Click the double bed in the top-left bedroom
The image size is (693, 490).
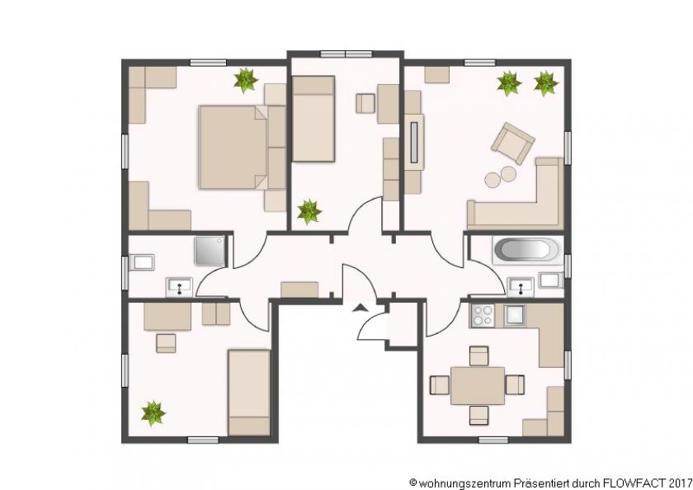pyautogui.click(x=233, y=147)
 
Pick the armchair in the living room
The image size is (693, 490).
pyautogui.click(x=512, y=144)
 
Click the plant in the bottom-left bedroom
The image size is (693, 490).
pyautogui.click(x=153, y=412)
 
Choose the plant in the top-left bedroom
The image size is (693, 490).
pyautogui.click(x=245, y=80)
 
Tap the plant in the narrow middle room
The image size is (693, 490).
pyautogui.click(x=309, y=211)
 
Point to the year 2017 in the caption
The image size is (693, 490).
pyautogui.click(x=681, y=481)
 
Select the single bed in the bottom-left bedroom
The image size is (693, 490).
pyautogui.click(x=249, y=391)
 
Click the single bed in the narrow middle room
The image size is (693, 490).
pyautogui.click(x=313, y=118)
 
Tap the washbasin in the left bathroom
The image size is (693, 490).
pyautogui.click(x=179, y=286)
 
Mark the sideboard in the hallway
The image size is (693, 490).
pyautogui.click(x=299, y=289)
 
